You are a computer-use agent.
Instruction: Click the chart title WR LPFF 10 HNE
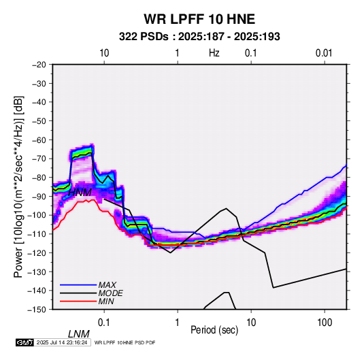point(199,19)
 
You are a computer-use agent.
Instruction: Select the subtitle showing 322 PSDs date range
point(199,37)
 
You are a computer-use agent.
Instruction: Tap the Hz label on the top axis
point(214,53)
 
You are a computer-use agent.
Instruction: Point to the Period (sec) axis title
point(214,330)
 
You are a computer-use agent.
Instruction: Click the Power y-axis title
point(18,187)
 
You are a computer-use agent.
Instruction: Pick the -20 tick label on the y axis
point(39,65)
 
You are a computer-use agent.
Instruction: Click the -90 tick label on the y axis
point(39,196)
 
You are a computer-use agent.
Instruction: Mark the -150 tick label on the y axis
point(37,310)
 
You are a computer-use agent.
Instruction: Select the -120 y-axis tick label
point(37,252)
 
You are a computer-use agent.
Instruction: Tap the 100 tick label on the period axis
point(325,323)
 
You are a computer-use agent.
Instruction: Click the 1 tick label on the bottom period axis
point(178,323)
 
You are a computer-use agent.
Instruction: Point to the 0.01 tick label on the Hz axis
point(324,53)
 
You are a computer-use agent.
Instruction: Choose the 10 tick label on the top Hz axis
point(104,53)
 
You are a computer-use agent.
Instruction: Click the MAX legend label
point(107,284)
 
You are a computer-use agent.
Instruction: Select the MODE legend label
point(110,293)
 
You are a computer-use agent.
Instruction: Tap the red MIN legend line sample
point(78,301)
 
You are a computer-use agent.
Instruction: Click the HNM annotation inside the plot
point(80,193)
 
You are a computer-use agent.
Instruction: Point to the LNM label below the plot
point(79,334)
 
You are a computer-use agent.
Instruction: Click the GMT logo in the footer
point(25,342)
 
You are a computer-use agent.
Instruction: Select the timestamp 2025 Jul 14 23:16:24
point(62,342)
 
